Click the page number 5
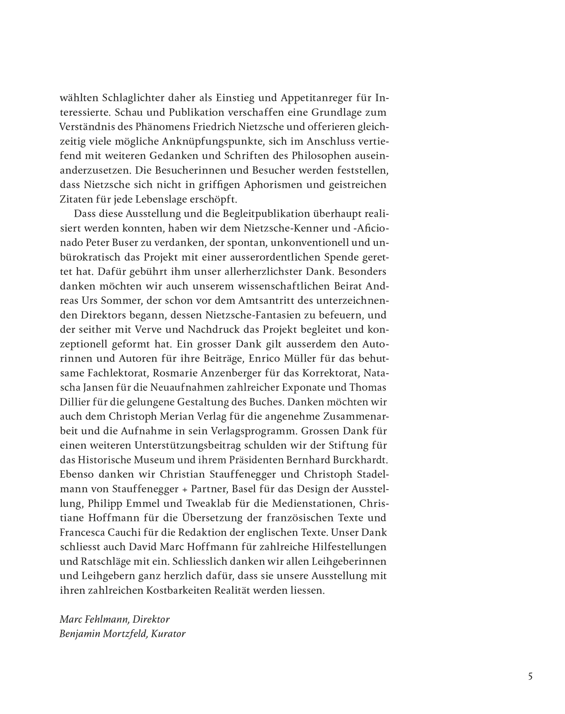[530, 677]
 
